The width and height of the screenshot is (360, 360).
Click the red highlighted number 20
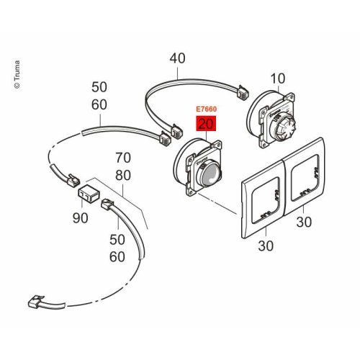click(x=206, y=124)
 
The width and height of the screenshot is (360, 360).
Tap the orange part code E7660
click(x=207, y=109)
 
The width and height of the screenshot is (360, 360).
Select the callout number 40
click(x=177, y=58)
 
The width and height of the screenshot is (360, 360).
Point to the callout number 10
click(x=278, y=78)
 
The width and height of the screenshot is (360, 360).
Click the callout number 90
click(x=80, y=218)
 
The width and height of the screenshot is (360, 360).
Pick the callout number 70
click(x=123, y=158)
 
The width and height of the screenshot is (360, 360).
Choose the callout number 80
click(x=123, y=176)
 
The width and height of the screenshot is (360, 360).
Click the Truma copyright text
click(x=17, y=75)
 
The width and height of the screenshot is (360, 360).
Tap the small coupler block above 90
click(x=88, y=194)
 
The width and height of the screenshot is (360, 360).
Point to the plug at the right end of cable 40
click(x=243, y=93)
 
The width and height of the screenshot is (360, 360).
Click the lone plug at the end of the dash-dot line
click(x=37, y=302)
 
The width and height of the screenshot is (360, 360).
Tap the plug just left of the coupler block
click(x=73, y=180)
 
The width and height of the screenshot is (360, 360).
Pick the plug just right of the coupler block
click(x=107, y=204)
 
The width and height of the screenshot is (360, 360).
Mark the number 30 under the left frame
click(x=266, y=246)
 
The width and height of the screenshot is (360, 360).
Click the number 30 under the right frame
click(x=304, y=222)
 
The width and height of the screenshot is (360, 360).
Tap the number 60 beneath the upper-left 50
click(x=99, y=105)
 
